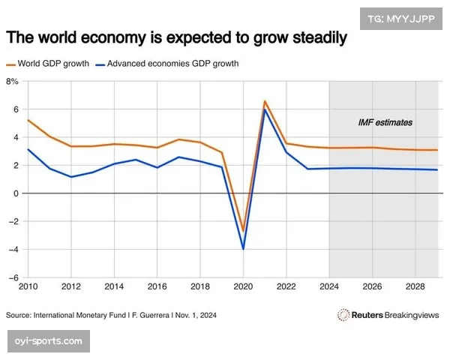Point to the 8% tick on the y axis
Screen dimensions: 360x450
pos(12,81)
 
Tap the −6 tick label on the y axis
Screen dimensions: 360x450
pos(13,277)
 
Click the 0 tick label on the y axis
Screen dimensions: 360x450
pos(16,193)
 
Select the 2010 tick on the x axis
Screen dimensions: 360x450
pos(28,287)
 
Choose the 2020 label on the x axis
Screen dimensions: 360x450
pos(243,287)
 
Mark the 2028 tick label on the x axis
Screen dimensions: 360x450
pos(415,287)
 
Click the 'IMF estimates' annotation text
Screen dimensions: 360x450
pos(385,121)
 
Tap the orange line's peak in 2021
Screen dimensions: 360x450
pos(265,101)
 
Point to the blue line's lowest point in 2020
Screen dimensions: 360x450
pos(243,248)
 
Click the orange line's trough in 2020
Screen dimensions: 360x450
pos(243,231)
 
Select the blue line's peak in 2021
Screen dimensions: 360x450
pos(265,110)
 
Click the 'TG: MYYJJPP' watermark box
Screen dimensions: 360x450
pos(400,18)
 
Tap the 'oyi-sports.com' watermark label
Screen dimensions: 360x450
pos(49,341)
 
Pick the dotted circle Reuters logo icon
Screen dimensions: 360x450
pos(343,315)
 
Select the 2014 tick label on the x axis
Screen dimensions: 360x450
pos(114,287)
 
